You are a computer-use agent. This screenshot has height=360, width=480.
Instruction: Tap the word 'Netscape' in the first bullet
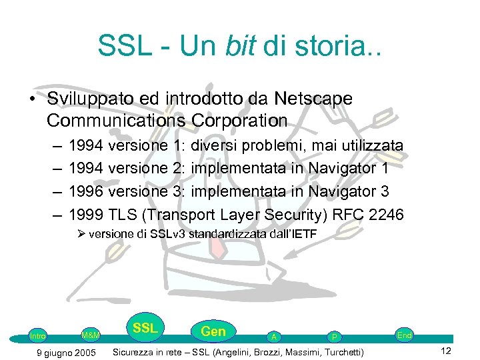pos(312,99)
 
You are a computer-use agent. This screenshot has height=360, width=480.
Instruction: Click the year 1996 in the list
pos(85,191)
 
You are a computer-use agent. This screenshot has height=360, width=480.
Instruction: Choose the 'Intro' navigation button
pos(38,336)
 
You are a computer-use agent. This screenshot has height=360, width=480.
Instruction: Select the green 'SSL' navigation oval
pos(145,328)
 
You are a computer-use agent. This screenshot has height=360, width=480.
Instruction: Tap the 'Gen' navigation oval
pos(213,331)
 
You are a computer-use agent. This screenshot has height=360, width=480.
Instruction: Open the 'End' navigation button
pos(404,335)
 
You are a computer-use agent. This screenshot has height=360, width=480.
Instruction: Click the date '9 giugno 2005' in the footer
pos(65,352)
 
